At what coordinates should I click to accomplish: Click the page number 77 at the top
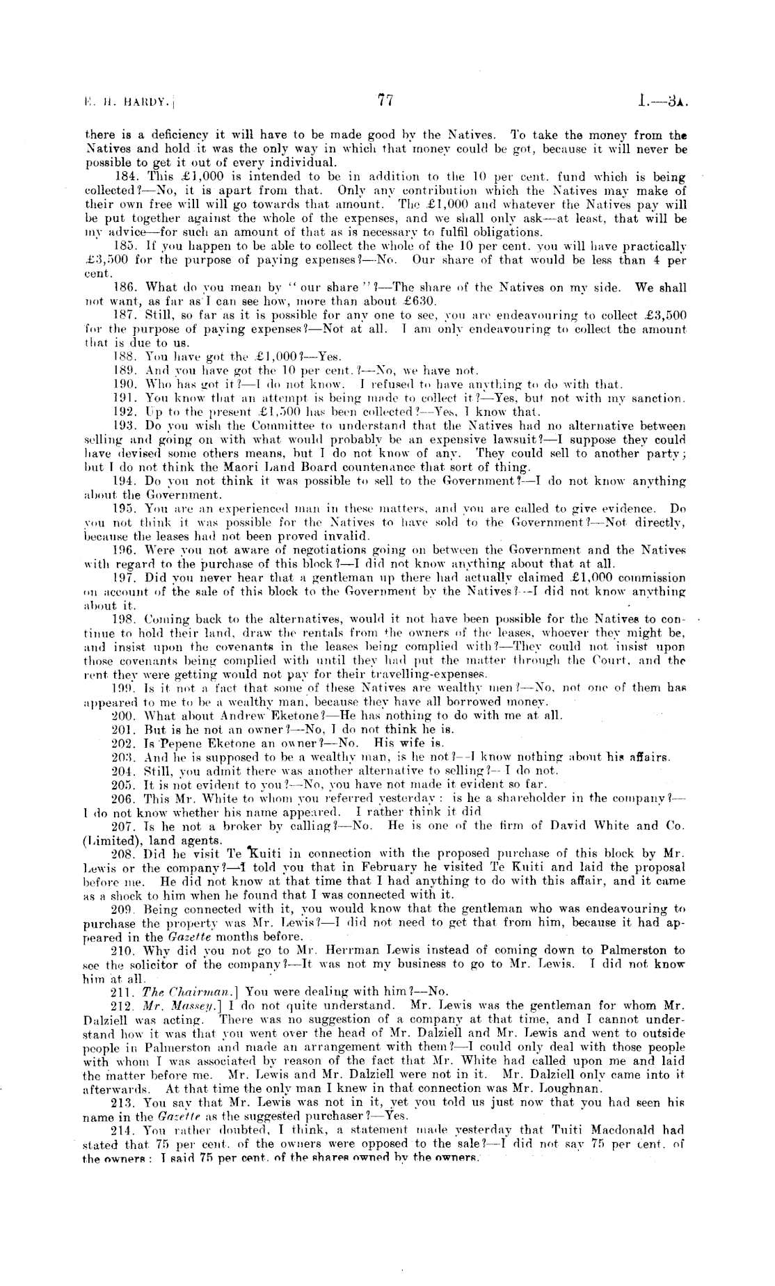[386, 99]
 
